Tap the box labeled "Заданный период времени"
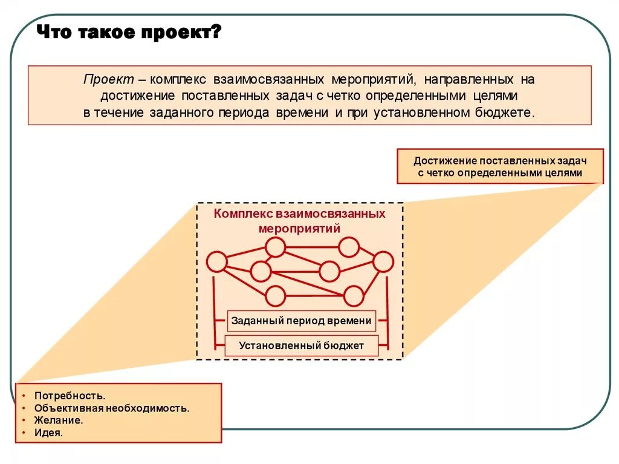(x=301, y=321)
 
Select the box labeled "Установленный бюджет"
(x=301, y=346)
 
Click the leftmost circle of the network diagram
(x=216, y=261)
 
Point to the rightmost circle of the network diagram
(x=383, y=261)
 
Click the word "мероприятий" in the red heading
(x=299, y=229)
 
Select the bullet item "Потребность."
(x=70, y=396)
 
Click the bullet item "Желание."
(x=59, y=420)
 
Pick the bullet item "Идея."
(x=49, y=433)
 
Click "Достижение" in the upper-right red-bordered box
(x=444, y=161)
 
